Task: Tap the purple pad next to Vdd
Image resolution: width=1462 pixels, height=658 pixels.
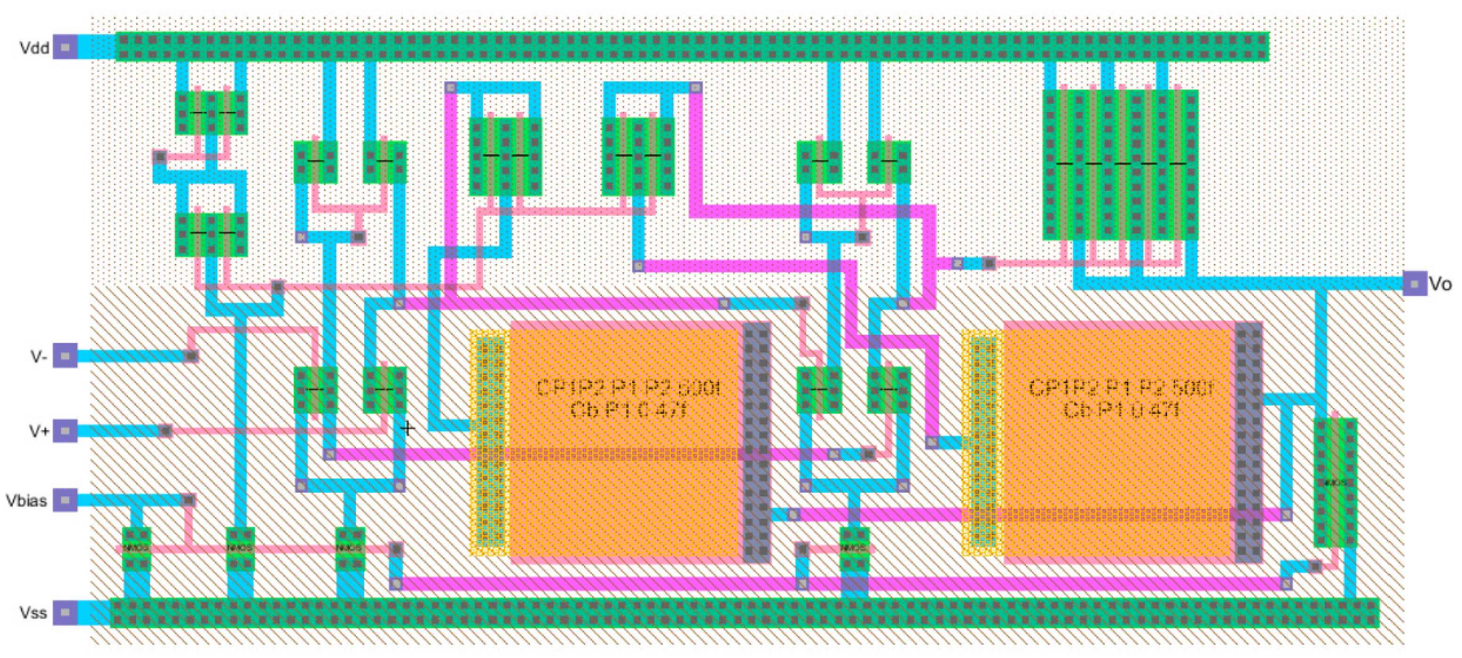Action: point(65,47)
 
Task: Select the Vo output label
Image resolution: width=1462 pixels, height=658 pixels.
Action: point(1440,284)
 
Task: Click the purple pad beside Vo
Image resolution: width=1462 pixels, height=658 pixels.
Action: point(1414,283)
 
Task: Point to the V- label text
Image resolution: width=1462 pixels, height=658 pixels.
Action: point(38,357)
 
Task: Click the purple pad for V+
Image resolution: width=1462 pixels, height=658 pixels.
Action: point(65,431)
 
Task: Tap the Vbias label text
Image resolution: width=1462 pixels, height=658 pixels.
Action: point(26,501)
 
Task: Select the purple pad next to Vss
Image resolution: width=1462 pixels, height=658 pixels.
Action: point(65,613)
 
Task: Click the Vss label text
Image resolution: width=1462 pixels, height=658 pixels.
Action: point(33,613)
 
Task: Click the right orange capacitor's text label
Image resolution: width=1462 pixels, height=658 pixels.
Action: point(1120,398)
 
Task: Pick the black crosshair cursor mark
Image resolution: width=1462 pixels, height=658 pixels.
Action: point(408,428)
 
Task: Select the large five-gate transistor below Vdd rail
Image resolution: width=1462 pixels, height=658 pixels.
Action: point(1120,165)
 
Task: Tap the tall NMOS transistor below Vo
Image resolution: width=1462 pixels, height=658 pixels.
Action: point(1335,483)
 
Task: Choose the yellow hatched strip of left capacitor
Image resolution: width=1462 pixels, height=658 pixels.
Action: point(488,443)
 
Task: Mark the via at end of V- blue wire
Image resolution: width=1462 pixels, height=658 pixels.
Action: point(191,356)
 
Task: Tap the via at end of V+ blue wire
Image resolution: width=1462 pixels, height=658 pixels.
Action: point(165,431)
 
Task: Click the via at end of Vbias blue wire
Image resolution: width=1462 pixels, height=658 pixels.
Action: point(188,500)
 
